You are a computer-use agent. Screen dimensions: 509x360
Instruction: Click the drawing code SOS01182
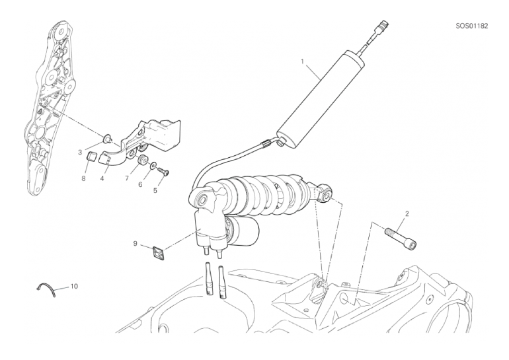(472, 26)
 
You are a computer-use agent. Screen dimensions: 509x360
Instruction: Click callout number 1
(303, 61)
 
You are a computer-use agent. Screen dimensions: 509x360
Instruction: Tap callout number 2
(407, 213)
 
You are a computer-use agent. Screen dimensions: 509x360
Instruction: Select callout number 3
(80, 152)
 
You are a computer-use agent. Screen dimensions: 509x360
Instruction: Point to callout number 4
(102, 178)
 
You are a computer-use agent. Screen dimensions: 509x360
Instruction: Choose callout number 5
(155, 190)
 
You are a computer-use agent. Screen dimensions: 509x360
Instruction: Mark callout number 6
(140, 184)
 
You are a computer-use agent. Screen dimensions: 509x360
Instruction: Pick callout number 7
(127, 178)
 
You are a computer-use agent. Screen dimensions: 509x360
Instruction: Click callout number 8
(84, 178)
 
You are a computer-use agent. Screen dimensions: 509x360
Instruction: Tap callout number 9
(135, 243)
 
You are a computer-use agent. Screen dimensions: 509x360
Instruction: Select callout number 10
(74, 287)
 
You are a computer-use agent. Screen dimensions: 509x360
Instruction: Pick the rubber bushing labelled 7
(142, 161)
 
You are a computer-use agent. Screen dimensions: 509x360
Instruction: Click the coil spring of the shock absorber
(266, 195)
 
